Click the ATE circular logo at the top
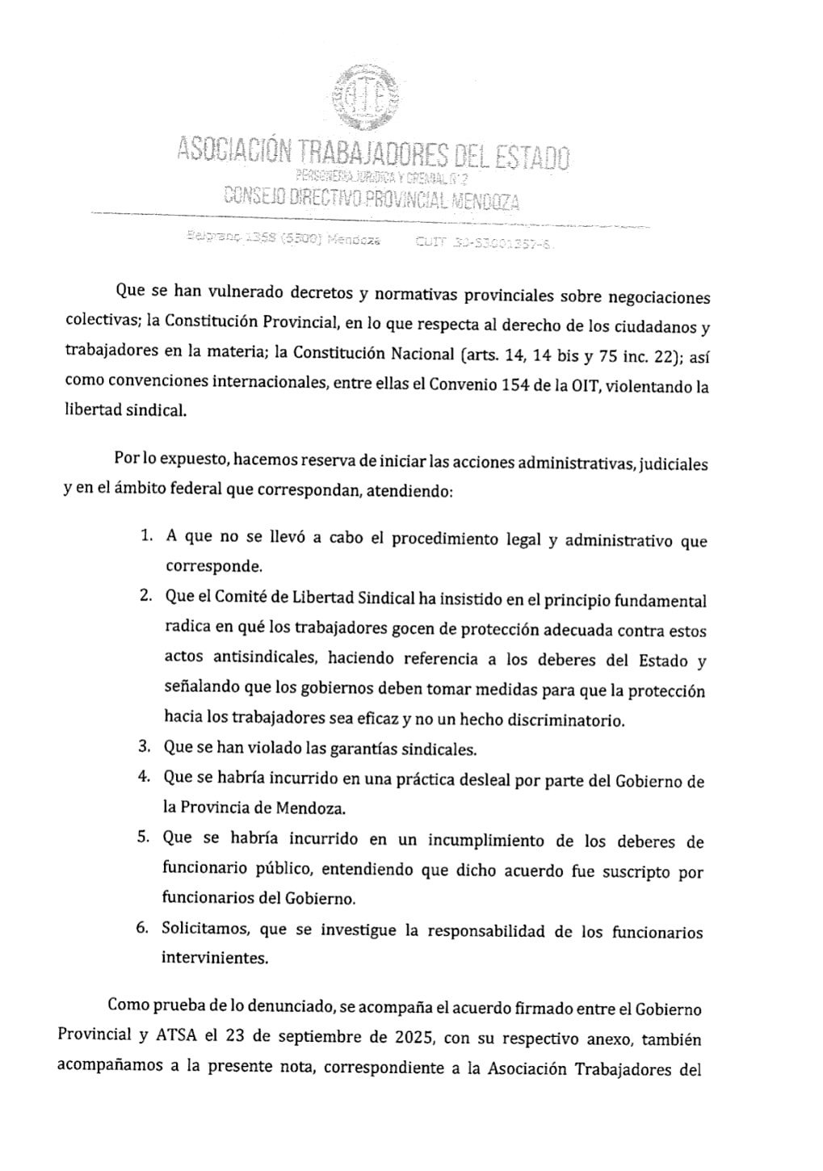[369, 99]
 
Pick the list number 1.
[145, 535]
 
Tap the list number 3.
[144, 746]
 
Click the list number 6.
[142, 927]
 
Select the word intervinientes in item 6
[214, 958]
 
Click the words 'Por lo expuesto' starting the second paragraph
[171, 460]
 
